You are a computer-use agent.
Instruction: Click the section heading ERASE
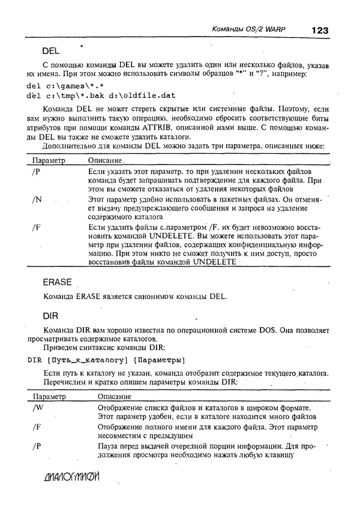[57, 282]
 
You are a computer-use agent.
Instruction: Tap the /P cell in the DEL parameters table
[36, 172]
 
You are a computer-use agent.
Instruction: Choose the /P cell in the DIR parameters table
[37, 446]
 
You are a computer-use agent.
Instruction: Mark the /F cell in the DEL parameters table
[37, 227]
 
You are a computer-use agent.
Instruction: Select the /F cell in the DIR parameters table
[37, 427]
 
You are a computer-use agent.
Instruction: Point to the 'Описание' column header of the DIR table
[114, 397]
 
